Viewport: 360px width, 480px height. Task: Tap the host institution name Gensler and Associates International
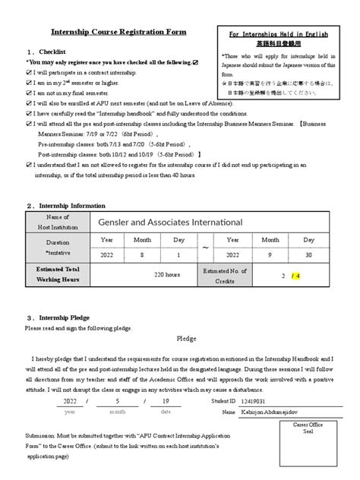pos(170,222)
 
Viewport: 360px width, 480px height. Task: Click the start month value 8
pos(142,256)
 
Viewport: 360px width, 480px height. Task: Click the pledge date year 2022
pos(70,400)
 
